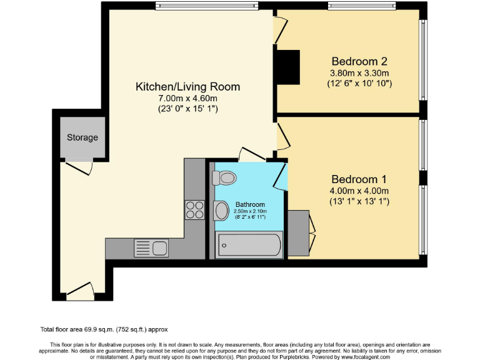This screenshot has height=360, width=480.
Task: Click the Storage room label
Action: point(82,137)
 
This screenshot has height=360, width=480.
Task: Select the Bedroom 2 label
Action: point(359,61)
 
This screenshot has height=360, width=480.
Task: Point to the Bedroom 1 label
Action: point(359,179)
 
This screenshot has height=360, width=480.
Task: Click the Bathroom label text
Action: point(250,204)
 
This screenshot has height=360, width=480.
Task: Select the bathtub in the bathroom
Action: point(249,244)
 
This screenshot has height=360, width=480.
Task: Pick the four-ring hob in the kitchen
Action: point(195,209)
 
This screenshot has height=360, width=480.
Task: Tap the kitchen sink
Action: point(151,248)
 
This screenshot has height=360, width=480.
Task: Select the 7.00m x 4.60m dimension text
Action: point(187,98)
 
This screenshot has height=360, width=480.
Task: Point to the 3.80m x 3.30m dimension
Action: point(359,72)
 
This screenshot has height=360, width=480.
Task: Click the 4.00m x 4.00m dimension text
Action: point(359,191)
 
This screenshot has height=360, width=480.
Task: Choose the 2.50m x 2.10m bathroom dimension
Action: point(250,211)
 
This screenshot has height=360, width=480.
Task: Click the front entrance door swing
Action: point(80,289)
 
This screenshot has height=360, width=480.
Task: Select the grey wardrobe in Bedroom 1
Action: point(298,232)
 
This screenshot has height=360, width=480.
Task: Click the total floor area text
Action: point(104,329)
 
